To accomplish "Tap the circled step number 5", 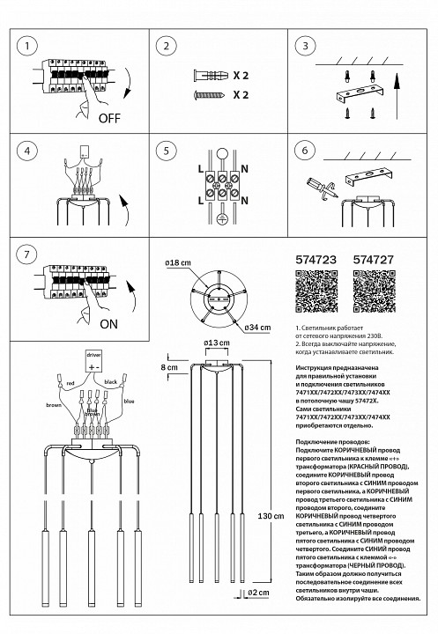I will [164, 151].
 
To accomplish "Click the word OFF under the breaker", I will [110, 116].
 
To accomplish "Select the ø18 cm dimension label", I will [179, 263].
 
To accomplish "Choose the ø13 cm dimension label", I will [216, 343].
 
